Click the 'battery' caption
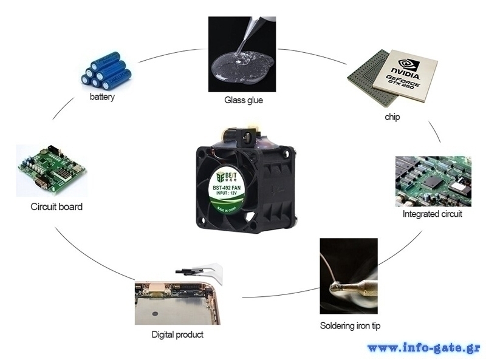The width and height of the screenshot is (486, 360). [x=102, y=97]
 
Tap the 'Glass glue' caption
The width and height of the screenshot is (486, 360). [x=243, y=100]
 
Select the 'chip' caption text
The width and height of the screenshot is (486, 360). [x=392, y=116]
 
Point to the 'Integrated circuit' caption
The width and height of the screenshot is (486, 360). [x=432, y=214]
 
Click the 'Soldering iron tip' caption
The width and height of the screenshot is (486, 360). [x=350, y=326]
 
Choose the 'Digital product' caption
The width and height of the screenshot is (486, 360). [x=177, y=335]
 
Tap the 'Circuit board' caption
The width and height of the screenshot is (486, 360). [x=56, y=207]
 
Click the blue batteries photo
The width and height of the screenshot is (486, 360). [x=106, y=70]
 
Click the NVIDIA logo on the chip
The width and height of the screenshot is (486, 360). [x=408, y=67]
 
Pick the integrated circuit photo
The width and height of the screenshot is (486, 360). [x=433, y=181]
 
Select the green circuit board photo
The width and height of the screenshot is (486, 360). [x=51, y=171]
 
